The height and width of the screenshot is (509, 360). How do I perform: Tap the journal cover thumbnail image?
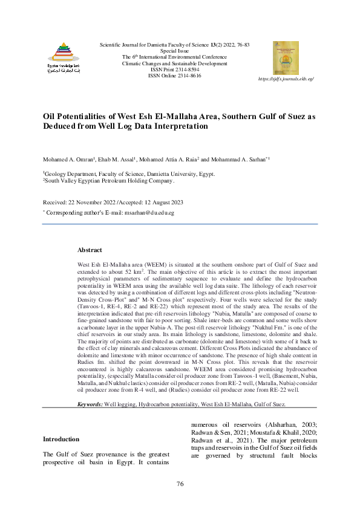point(286,58)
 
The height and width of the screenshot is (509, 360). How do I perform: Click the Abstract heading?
point(90,250)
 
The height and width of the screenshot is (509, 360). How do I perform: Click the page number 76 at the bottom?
point(180,484)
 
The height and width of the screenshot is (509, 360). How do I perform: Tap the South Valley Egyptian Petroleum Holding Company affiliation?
point(109,180)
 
